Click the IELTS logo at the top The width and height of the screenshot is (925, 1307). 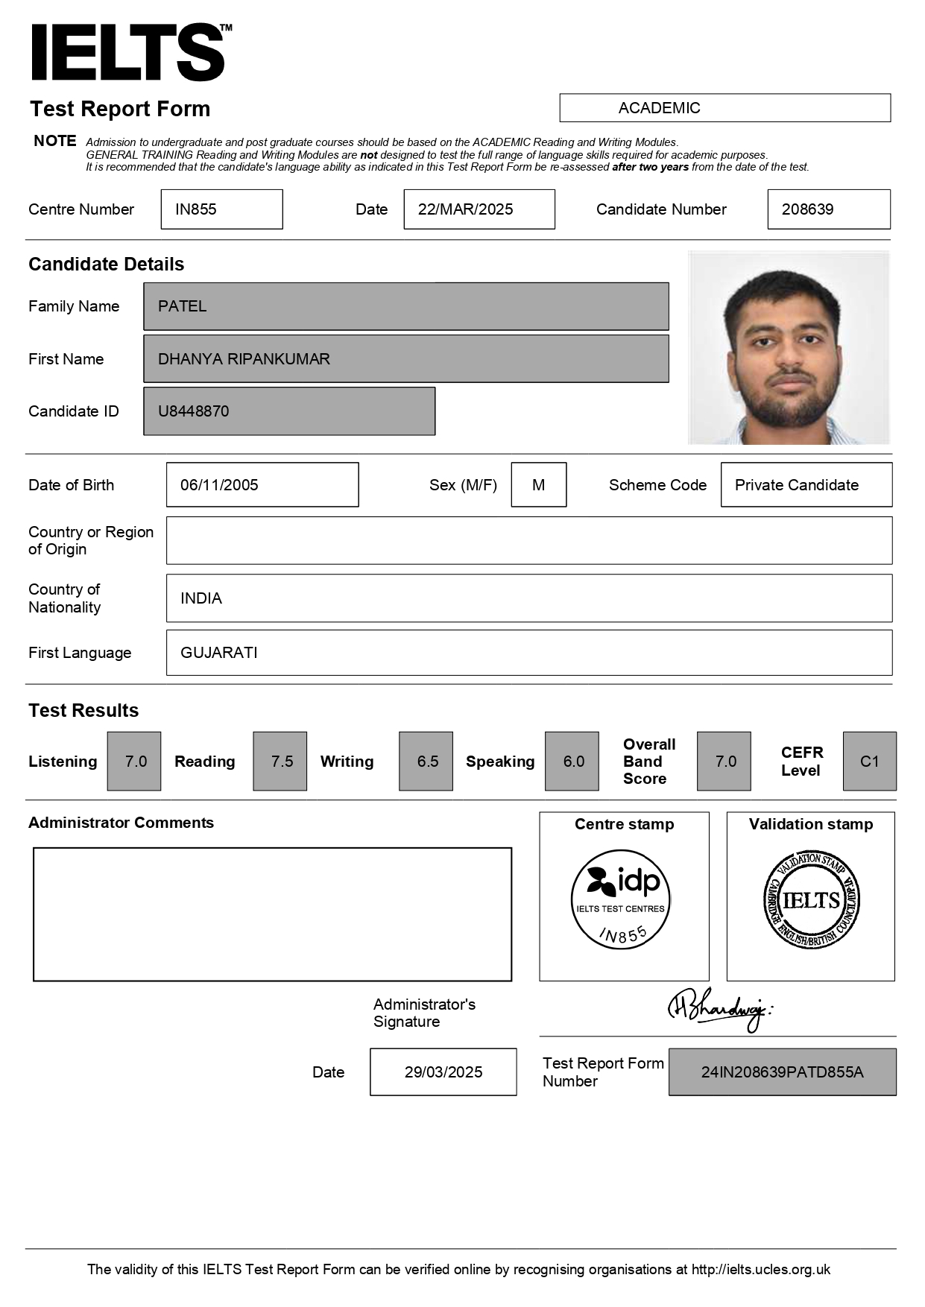coord(128,52)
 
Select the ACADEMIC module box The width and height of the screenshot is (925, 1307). coord(724,108)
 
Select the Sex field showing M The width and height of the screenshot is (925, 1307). coord(538,485)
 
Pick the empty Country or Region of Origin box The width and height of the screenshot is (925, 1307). coord(528,540)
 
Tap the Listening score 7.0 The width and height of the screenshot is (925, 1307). coord(135,762)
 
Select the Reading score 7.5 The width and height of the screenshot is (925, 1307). coord(281,762)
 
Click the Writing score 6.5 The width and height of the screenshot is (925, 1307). coord(426,762)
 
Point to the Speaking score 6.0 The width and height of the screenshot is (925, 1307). coord(572,762)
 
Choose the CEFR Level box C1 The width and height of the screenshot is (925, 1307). coord(869,762)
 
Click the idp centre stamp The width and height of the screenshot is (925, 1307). coord(620,899)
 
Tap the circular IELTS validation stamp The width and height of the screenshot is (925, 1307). coord(811,900)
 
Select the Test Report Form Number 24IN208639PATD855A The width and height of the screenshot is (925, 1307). coord(782,1072)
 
